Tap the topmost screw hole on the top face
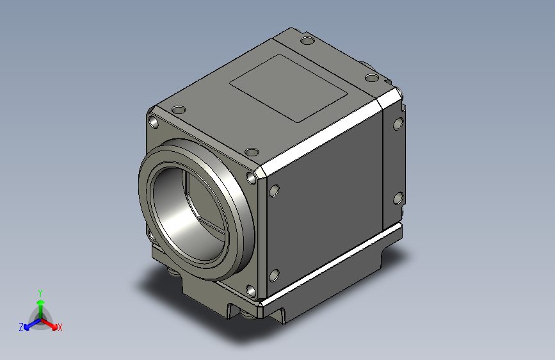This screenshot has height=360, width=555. coord(307,41)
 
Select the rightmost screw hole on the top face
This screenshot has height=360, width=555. coord(372,78)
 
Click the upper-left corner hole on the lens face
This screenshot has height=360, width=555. coord(154,121)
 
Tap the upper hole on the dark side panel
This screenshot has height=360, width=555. coord(275,190)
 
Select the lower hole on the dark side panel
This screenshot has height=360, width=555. coord(274,275)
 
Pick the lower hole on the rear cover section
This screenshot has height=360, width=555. coord(398,197)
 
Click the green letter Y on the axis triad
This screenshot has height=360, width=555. coord(40,291)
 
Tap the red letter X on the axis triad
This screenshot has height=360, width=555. coord(60,327)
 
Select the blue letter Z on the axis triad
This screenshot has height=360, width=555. coord(21,327)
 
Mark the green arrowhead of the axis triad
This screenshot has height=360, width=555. coord(40,301)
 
